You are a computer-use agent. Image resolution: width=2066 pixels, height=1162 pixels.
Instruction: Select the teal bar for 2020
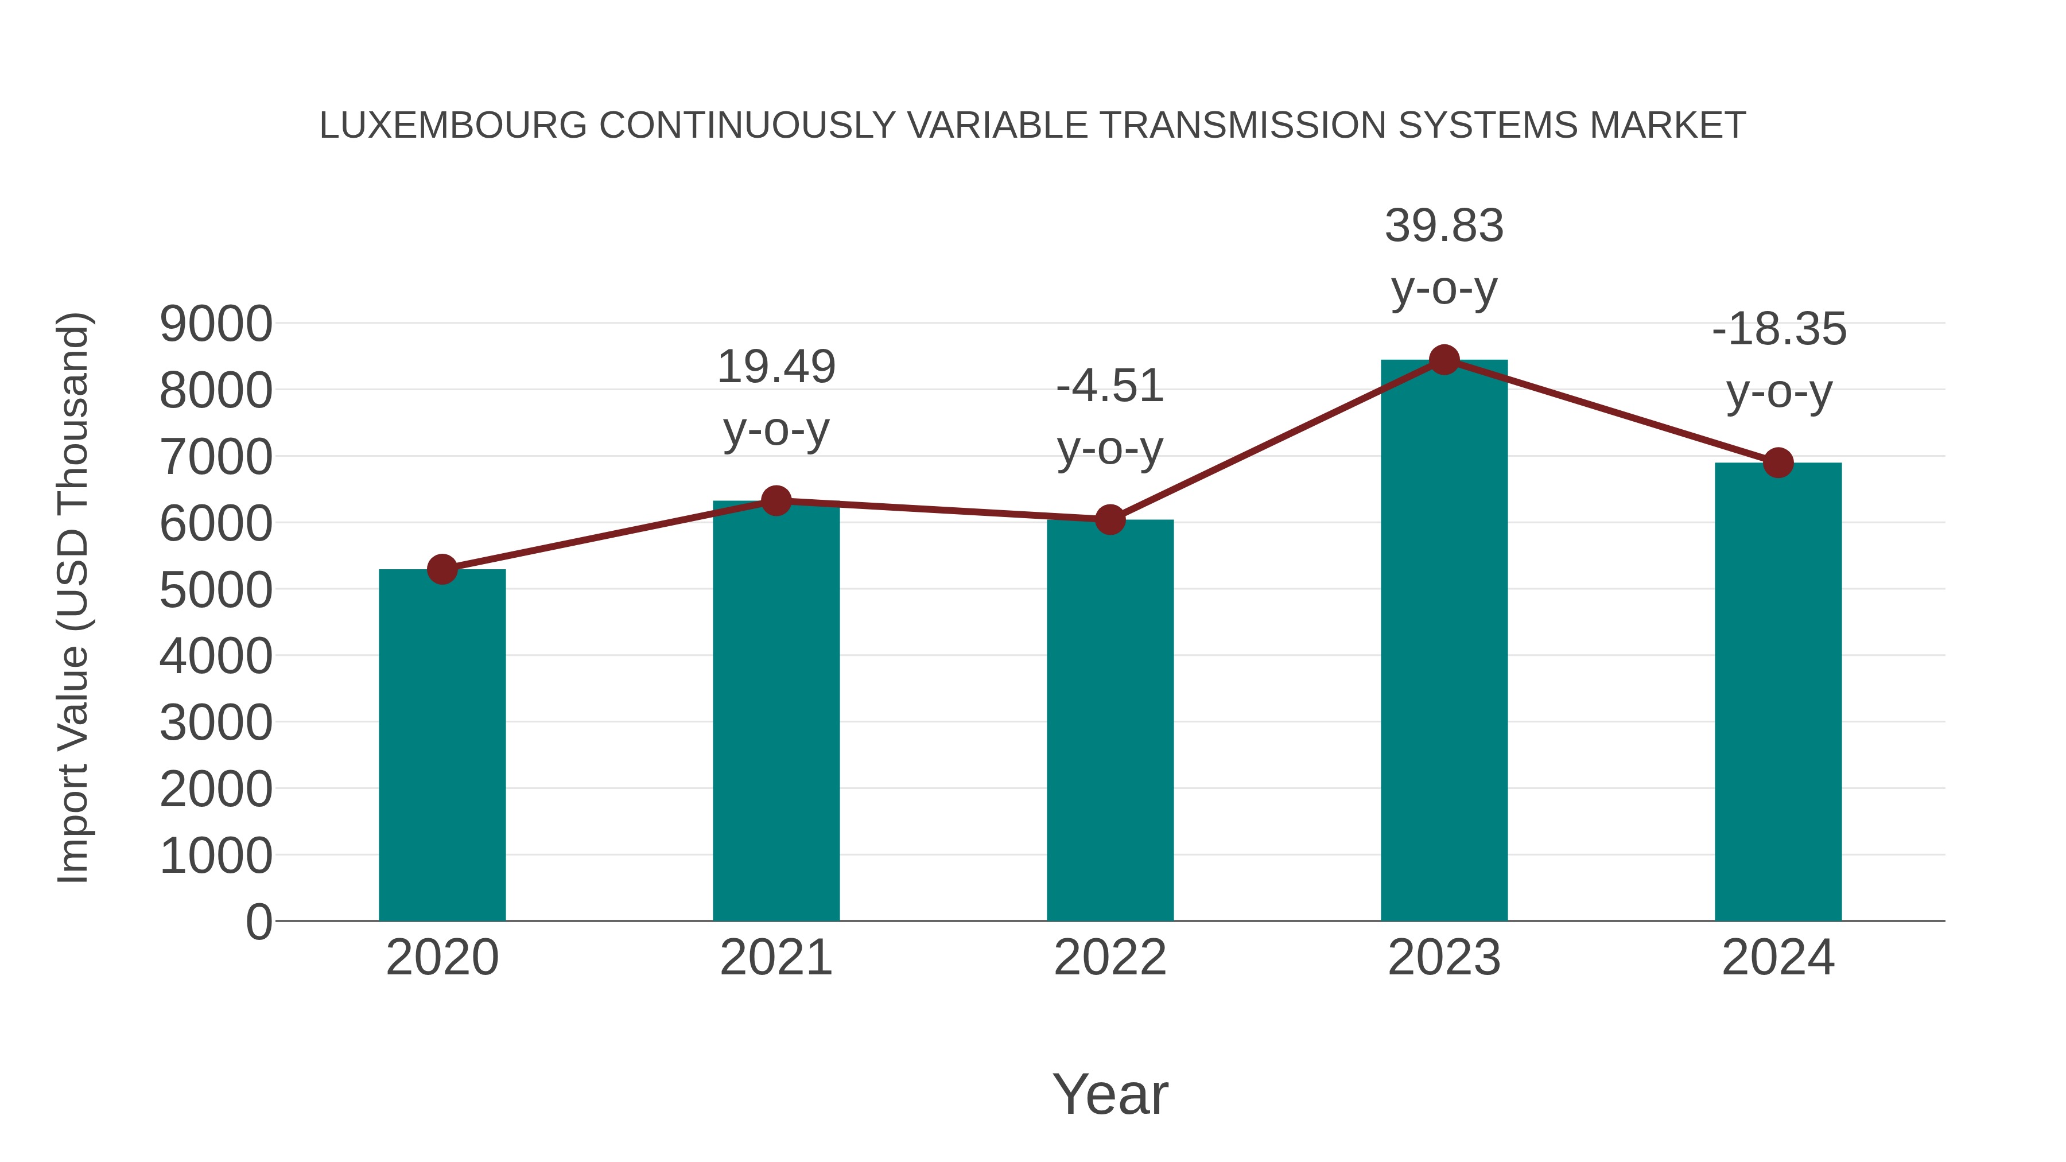point(442,746)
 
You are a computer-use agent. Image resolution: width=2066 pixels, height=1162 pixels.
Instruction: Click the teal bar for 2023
point(1444,642)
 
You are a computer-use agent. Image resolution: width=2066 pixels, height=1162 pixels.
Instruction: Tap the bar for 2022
point(1110,722)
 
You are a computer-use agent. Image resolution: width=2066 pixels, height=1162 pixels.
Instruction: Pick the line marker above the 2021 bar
point(775,501)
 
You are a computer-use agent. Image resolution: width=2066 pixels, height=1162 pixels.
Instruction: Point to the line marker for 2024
point(1778,463)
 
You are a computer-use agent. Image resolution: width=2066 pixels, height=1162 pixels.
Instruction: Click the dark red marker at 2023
point(1444,360)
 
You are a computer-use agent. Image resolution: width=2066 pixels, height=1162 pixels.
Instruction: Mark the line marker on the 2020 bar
point(442,569)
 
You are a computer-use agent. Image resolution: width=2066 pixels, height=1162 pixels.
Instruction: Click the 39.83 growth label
point(1444,226)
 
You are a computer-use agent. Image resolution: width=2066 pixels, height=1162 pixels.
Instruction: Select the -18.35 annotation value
point(1778,329)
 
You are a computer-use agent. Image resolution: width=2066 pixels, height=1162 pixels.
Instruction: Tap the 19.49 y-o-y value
point(775,367)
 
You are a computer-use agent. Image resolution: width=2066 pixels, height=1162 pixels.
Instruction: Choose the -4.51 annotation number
point(1110,387)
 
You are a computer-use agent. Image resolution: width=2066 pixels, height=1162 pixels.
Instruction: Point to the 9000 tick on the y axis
point(216,325)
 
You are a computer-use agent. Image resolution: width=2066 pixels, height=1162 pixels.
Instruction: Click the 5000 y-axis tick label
point(216,591)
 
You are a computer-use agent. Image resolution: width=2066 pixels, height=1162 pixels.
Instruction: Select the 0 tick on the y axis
point(258,922)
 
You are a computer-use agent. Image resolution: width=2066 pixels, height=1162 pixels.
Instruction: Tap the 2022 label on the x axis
point(1110,958)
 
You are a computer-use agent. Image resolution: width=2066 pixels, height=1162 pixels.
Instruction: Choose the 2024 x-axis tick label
point(1778,958)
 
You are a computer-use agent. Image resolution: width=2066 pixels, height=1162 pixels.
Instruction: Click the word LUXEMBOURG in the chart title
point(453,126)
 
